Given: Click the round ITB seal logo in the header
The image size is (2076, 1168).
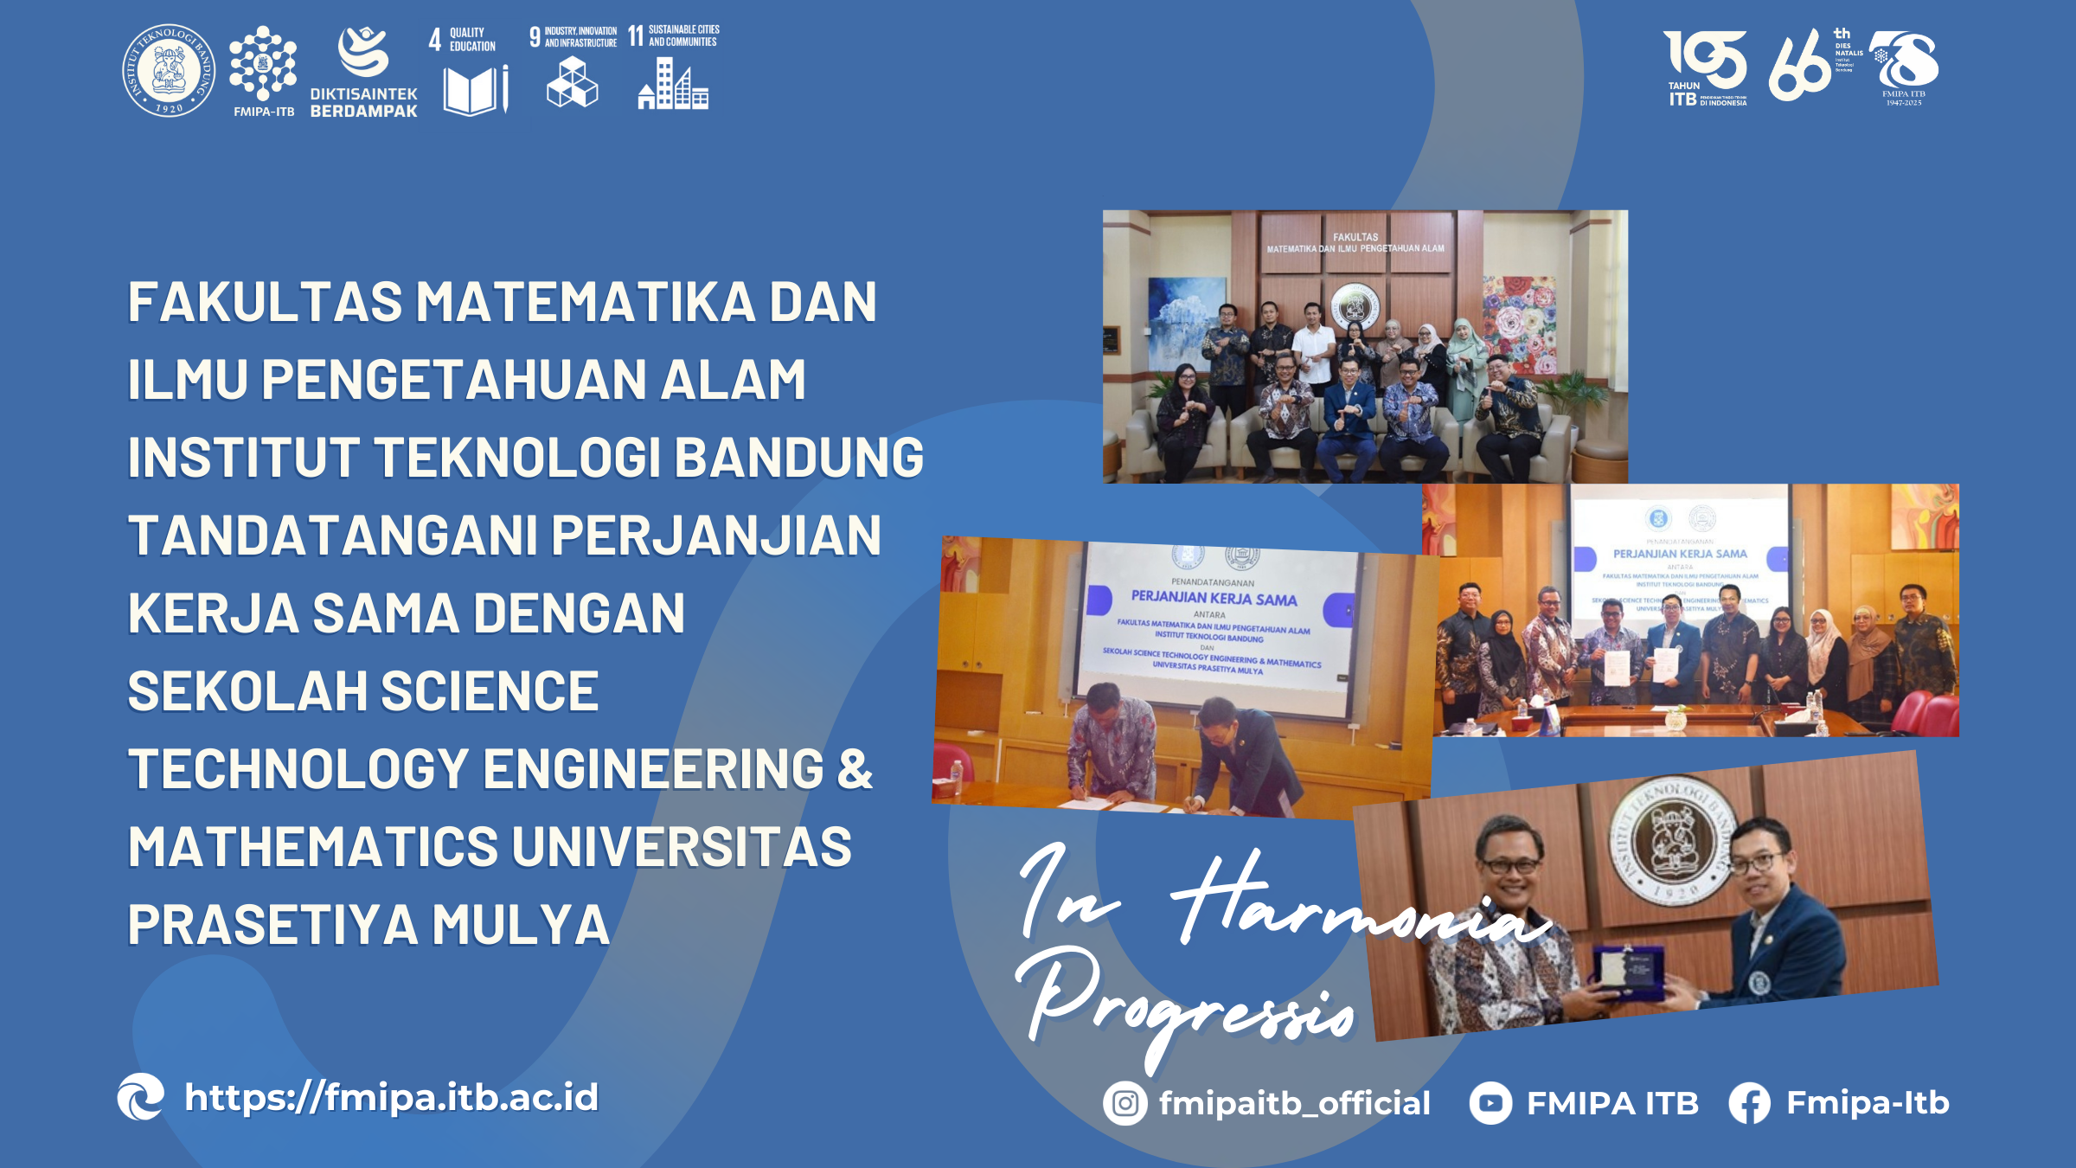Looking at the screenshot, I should coord(169,70).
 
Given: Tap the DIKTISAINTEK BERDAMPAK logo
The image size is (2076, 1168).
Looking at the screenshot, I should coord(363,73).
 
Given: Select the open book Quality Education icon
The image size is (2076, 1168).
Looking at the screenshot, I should coord(474,90).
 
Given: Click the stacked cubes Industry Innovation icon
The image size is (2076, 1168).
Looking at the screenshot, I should coord(572,83).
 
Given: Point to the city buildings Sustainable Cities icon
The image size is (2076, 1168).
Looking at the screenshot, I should coord(673,84).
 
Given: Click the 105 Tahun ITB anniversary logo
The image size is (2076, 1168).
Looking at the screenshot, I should coord(1705,68).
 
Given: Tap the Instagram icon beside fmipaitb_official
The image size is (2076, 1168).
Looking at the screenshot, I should coord(1124,1103).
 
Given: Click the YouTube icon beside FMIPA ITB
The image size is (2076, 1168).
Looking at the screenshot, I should coord(1490,1103).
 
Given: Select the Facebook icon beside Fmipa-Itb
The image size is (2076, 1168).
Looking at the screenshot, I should coord(1749,1104).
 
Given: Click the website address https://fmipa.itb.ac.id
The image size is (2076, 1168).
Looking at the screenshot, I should coord(391,1097).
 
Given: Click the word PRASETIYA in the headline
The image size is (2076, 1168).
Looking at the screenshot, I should coord(273,924).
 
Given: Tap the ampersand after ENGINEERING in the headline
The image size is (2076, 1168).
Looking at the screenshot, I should coord(855,768).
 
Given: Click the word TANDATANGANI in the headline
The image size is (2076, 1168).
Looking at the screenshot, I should coord(334,535).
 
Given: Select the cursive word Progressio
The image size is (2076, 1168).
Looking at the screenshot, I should coord(1185,1004).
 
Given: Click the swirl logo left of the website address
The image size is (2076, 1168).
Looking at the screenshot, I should coord(141,1097).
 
